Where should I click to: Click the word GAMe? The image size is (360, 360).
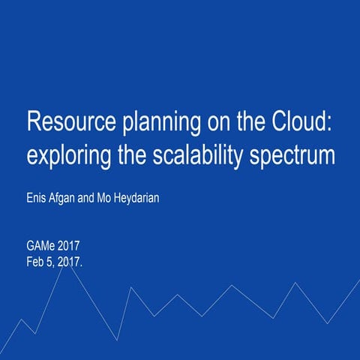pyautogui.click(x=40, y=247)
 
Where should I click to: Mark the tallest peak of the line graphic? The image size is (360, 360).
pyautogui.click(x=70, y=260)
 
